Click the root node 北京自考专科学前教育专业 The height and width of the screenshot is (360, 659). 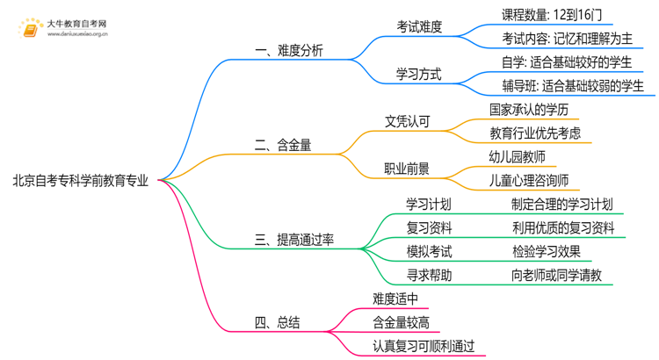[80, 182]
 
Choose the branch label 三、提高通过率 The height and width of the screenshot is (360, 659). [294, 239]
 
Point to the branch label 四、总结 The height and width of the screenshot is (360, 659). [277, 322]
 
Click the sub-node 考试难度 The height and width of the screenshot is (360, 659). [419, 26]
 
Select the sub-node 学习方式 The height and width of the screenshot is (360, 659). [419, 74]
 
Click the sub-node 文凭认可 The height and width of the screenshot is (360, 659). [407, 121]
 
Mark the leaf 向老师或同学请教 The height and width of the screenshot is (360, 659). [557, 276]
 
